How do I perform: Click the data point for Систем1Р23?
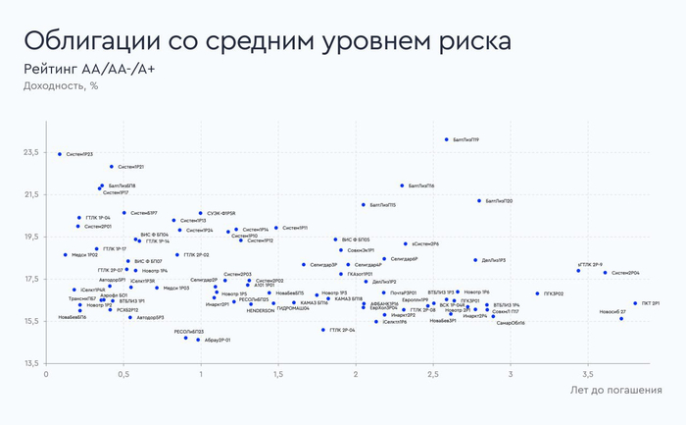click(x=60, y=154)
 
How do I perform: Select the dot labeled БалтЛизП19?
click(x=447, y=139)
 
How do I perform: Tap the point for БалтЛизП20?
click(x=479, y=200)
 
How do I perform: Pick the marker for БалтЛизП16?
click(x=402, y=186)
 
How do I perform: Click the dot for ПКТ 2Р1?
click(x=635, y=303)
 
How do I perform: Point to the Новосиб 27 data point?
click(x=621, y=318)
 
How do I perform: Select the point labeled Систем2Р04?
click(x=606, y=273)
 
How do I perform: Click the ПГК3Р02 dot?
click(x=538, y=293)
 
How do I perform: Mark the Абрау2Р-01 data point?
click(x=198, y=340)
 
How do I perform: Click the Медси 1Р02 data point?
click(x=66, y=254)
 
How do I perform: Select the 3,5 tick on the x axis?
click(x=587, y=375)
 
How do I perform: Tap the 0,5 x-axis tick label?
click(x=123, y=375)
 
